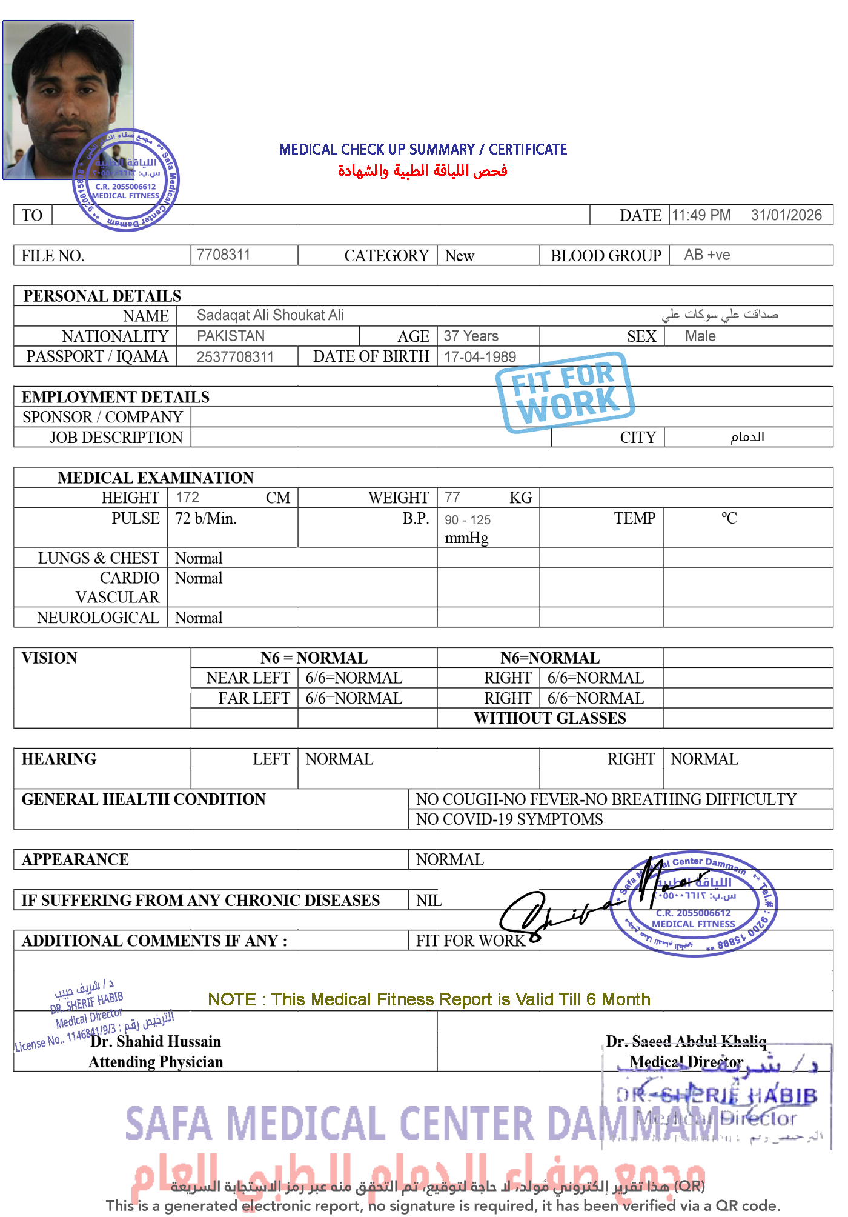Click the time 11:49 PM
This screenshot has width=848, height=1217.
click(x=701, y=215)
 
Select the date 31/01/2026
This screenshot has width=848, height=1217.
click(x=786, y=215)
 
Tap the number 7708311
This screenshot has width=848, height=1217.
click(x=223, y=255)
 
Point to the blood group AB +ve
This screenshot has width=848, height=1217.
click(x=707, y=255)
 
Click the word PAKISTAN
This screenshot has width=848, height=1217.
click(x=231, y=336)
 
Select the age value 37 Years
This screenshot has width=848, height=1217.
click(x=471, y=336)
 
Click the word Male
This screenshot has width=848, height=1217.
click(x=700, y=336)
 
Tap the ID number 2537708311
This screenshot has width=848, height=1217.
click(x=235, y=357)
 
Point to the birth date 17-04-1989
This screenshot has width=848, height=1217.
click(x=479, y=357)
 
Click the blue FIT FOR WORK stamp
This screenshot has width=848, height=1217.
click(x=565, y=392)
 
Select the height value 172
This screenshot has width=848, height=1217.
click(x=187, y=497)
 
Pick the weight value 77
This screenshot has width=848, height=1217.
click(x=452, y=497)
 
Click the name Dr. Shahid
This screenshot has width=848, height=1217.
click(x=127, y=1041)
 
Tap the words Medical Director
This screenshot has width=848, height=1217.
click(x=686, y=1062)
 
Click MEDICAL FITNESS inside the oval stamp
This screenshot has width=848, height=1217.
click(x=693, y=924)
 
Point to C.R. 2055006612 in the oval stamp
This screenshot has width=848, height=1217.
click(x=693, y=913)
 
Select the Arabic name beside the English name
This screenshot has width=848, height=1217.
click(x=720, y=315)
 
